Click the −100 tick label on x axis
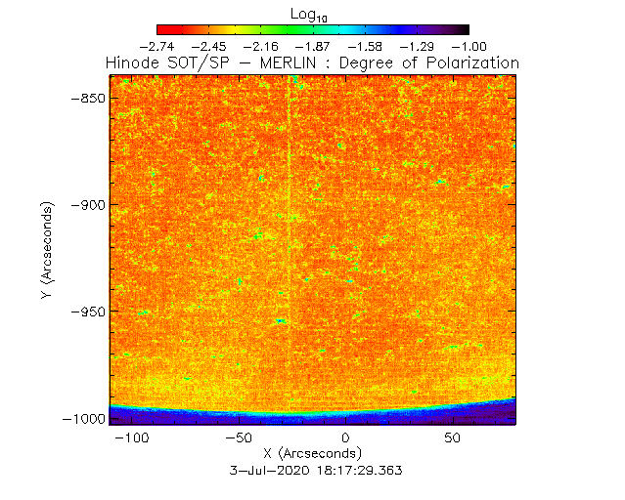[x=131, y=438]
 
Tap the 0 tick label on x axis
[x=345, y=438]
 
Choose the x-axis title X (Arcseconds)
[x=312, y=454]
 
